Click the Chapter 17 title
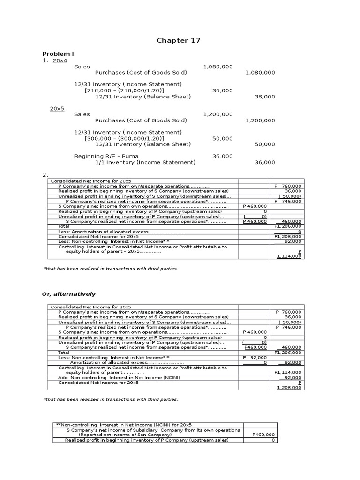178,41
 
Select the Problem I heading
58,54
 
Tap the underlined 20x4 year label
60,61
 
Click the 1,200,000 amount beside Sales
217,114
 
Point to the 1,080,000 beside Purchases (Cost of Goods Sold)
260,73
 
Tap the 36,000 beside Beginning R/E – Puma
223,156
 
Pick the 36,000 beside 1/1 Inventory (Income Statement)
265,162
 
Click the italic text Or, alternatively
69,294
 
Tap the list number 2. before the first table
45,175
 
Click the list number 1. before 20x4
45,61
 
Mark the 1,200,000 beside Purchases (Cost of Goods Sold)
260,120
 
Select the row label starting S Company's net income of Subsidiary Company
153,430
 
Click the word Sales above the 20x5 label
82,67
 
